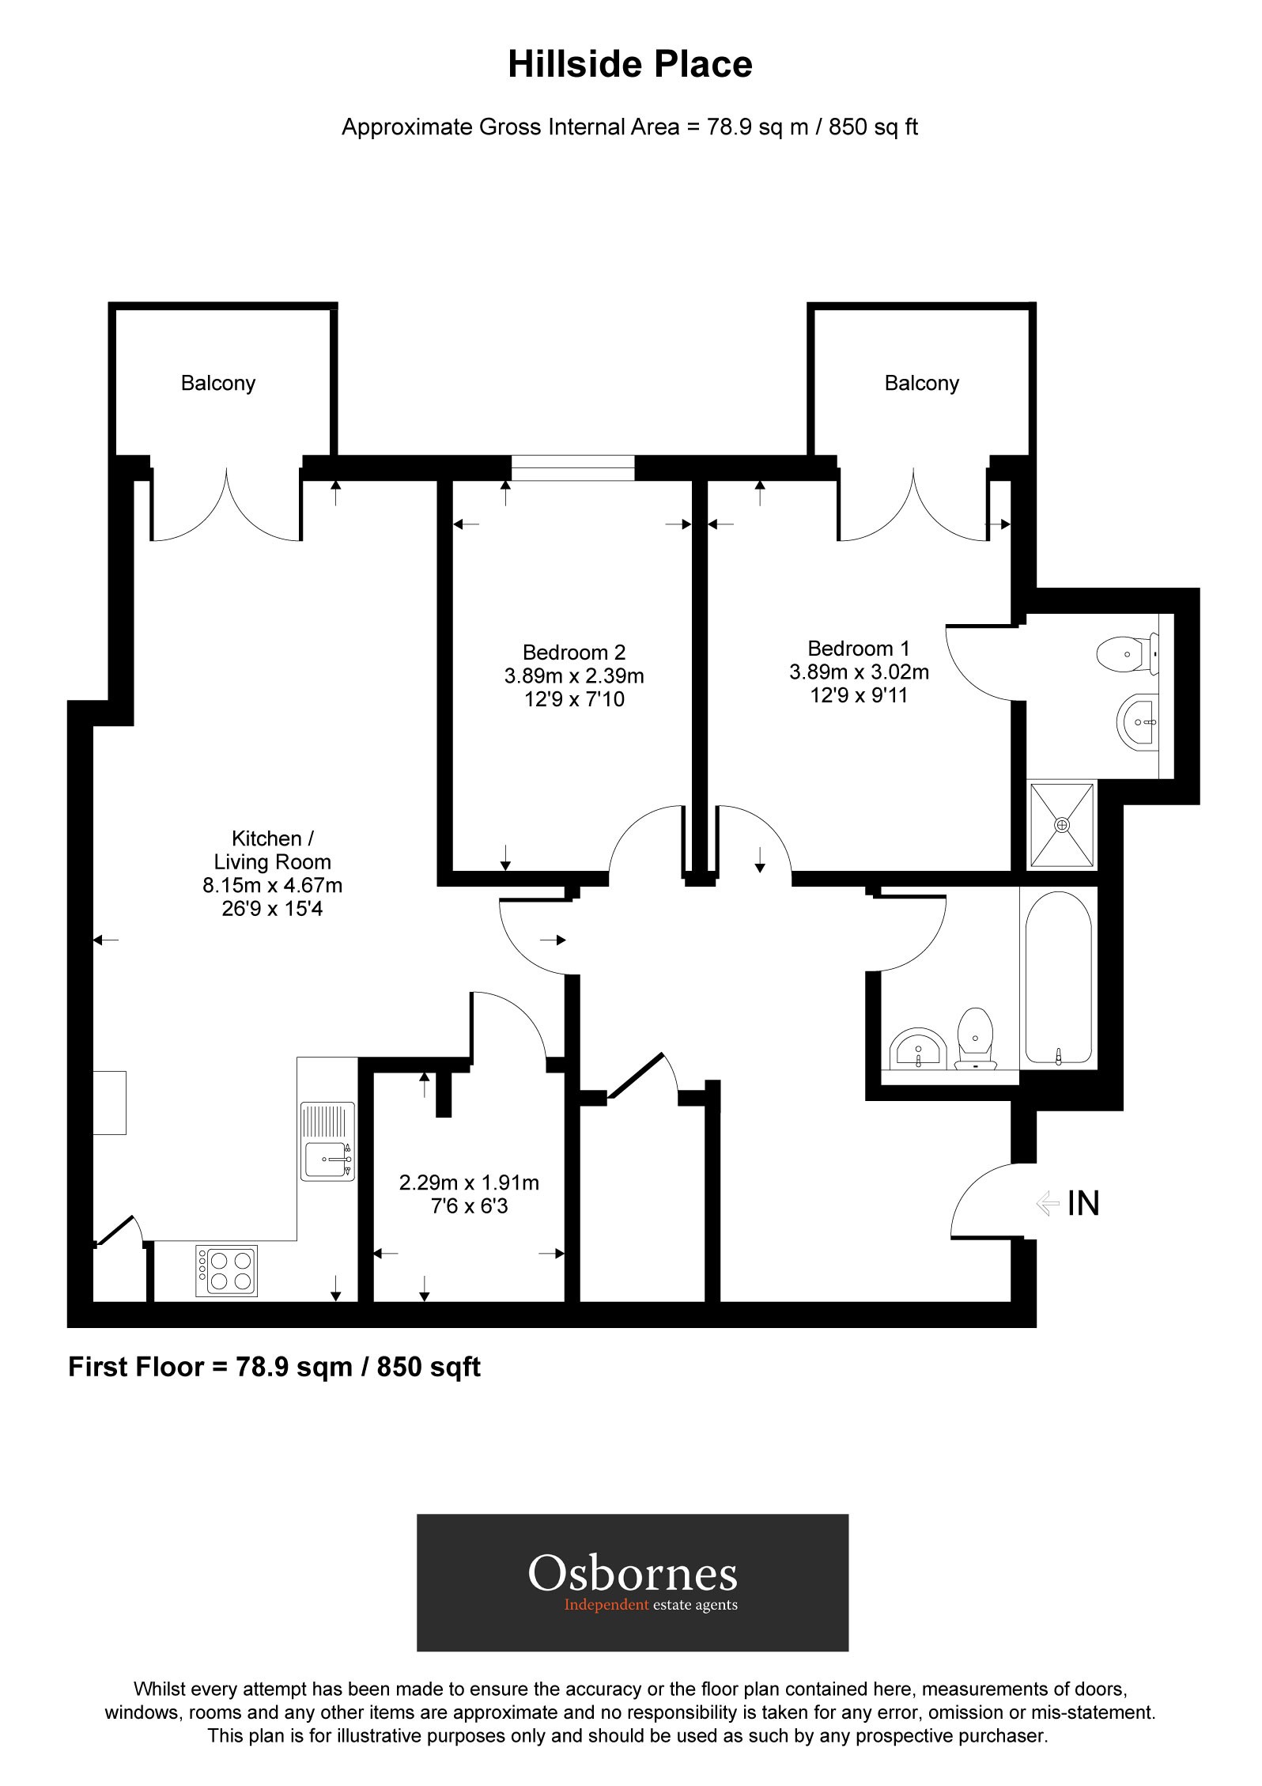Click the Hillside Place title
click(629, 64)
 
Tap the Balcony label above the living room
click(218, 384)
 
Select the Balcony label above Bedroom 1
click(921, 384)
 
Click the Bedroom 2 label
click(574, 653)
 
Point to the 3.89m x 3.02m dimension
click(859, 672)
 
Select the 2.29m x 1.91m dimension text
click(469, 1183)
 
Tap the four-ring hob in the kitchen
click(227, 1271)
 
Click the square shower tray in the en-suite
click(1062, 825)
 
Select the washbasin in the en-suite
click(1138, 721)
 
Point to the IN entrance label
click(1083, 1203)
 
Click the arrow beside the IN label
click(1047, 1203)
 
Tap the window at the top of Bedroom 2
click(572, 467)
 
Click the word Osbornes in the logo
click(633, 1572)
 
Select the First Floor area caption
click(274, 1367)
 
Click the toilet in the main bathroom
click(975, 1037)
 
